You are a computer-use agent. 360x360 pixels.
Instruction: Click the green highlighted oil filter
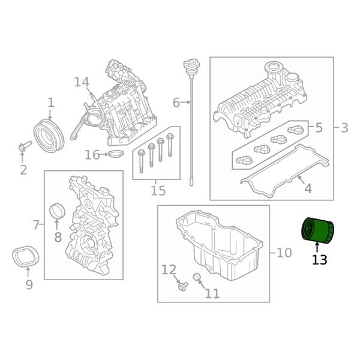point(316,230)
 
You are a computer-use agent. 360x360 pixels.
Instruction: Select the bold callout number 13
point(319,260)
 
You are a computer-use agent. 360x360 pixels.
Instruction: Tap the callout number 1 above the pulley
point(50,103)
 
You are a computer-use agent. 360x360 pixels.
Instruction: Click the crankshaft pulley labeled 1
point(47,134)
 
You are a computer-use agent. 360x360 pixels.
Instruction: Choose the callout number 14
point(82,82)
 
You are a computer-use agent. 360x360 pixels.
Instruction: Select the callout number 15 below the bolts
point(158,191)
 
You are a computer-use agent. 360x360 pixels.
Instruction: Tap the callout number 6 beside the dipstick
point(176,103)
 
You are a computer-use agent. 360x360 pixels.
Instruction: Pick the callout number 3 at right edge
point(344,127)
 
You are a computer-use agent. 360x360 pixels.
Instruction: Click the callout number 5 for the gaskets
point(319,127)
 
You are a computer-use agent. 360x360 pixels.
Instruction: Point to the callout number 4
point(308,188)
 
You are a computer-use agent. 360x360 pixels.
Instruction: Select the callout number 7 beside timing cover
point(36,225)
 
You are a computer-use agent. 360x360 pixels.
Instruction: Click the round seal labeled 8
point(57,211)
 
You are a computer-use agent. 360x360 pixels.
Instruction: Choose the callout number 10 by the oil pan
point(284,253)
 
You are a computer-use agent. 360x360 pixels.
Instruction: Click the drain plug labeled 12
point(181,287)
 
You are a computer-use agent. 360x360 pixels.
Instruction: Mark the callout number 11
point(212,293)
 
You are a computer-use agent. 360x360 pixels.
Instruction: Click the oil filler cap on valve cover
point(275,68)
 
